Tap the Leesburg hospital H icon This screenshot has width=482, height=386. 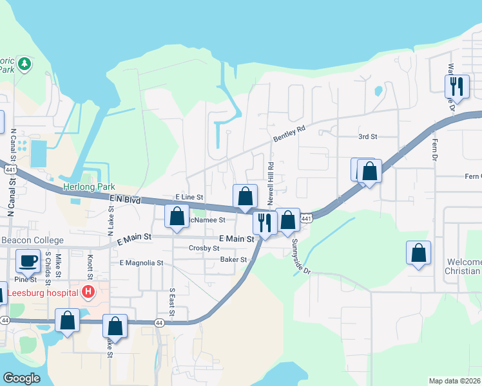[x=88, y=293]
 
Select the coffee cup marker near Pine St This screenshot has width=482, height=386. [x=27, y=261]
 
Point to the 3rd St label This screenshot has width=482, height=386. [x=367, y=137]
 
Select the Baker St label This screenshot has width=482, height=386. [x=233, y=260]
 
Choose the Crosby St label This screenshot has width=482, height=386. [x=204, y=248]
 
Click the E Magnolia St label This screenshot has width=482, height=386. [x=141, y=263]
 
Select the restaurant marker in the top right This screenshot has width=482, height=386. [x=456, y=86]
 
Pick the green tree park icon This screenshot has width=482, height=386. [x=24, y=63]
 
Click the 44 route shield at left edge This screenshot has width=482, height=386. [x=5, y=320]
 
